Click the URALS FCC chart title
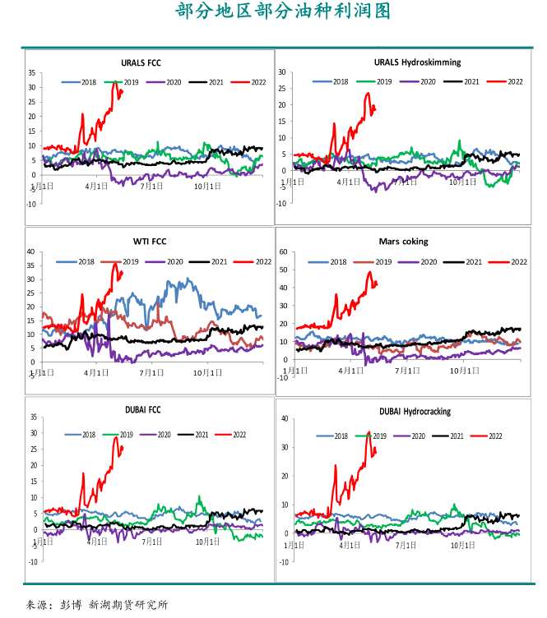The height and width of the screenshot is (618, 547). point(141,62)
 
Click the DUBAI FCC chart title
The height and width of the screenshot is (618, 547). point(141,411)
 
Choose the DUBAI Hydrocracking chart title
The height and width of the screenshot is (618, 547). point(415,411)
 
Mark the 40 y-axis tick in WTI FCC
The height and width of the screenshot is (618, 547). point(30,251)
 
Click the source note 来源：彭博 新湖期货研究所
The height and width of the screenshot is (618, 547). point(97,604)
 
